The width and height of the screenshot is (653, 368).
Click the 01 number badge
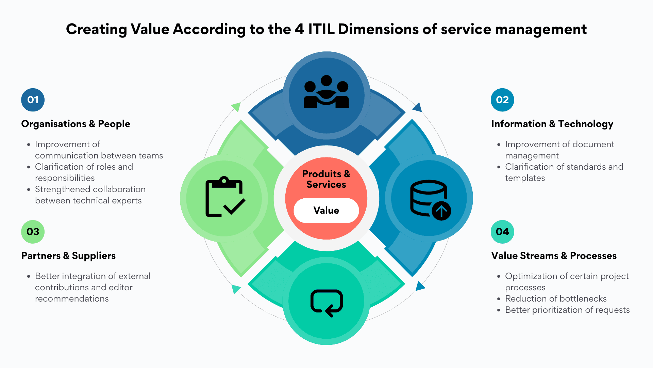coord(33,100)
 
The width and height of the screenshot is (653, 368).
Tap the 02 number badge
coord(502,100)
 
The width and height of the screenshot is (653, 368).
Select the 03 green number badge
coord(33,232)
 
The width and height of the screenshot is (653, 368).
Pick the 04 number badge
coord(502,232)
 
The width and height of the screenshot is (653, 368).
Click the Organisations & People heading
coord(76,124)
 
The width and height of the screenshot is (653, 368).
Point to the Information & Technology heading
coord(552,124)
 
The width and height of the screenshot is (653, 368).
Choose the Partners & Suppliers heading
coord(68,256)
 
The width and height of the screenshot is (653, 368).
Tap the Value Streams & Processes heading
coord(554,256)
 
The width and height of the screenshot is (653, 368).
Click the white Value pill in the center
coord(326,210)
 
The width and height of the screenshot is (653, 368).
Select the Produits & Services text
coord(326,179)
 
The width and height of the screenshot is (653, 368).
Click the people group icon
coord(326,92)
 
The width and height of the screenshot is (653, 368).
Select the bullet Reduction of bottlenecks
coord(556,298)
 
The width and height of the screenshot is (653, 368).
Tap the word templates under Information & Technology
coord(525,178)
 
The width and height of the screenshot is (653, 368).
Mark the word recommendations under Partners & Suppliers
coord(72,298)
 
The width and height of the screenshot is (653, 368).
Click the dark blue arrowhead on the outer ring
coord(418,108)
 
